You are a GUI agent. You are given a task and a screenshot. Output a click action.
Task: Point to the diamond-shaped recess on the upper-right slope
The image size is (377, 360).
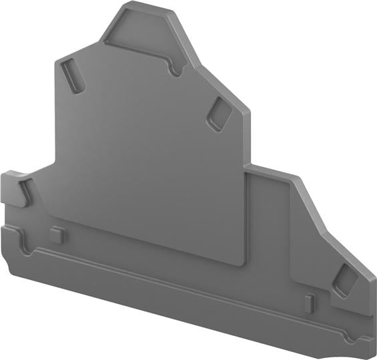(219, 114)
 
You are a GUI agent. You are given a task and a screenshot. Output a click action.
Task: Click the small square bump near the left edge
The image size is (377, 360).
(57, 234)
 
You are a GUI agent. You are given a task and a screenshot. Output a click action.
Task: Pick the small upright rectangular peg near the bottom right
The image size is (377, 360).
(309, 301)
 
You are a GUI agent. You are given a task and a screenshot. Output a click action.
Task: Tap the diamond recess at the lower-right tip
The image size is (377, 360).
(345, 281)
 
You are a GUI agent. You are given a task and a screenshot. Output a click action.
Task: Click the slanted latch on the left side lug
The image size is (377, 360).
(25, 191)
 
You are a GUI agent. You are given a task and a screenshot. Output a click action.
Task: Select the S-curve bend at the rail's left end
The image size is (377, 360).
(27, 244)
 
